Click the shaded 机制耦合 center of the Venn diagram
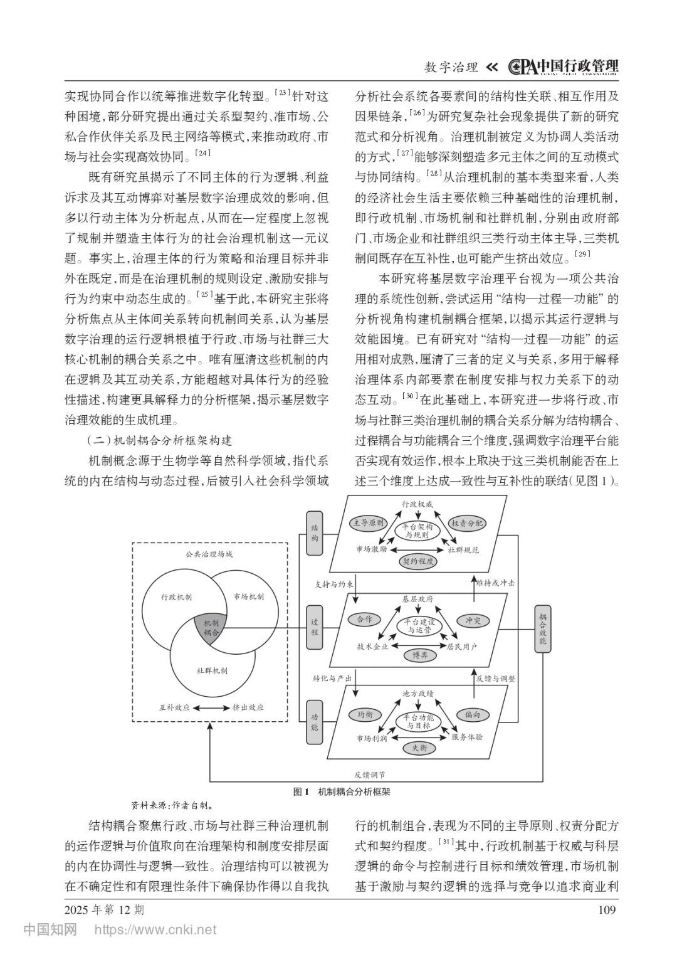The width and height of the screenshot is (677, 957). (211, 628)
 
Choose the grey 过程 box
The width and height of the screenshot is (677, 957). (315, 627)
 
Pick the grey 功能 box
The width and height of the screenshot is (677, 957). (315, 722)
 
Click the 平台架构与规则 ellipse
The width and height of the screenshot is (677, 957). (417, 531)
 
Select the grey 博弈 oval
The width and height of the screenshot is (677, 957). (419, 655)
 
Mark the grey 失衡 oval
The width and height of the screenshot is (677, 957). (419, 748)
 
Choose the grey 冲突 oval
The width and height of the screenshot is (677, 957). (473, 620)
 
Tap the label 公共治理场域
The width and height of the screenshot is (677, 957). (209, 554)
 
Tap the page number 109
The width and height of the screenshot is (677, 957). (607, 910)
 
